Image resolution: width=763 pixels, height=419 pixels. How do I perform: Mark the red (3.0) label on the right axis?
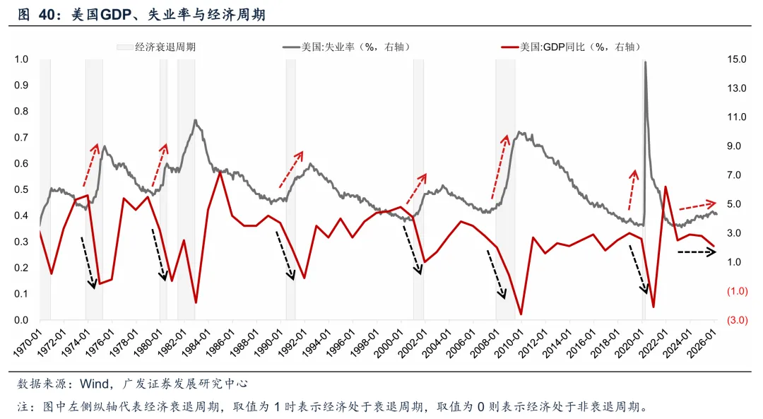pyautogui.click(x=738, y=320)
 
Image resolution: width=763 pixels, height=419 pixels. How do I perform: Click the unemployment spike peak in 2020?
pyautogui.click(x=645, y=62)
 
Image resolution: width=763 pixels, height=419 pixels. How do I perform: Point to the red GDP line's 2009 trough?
pyautogui.click(x=521, y=314)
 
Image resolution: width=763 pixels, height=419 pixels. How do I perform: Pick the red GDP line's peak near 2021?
pyautogui.click(x=666, y=187)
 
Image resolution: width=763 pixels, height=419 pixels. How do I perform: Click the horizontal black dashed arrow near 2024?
pyautogui.click(x=697, y=252)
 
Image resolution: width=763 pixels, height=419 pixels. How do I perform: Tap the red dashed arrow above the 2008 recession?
pyautogui.click(x=500, y=167)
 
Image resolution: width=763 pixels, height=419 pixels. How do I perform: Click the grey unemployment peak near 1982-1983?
pyautogui.click(x=195, y=120)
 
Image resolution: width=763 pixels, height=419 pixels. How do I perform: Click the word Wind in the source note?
pyautogui.click(x=93, y=384)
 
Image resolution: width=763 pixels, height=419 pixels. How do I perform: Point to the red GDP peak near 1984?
pyautogui.click(x=220, y=172)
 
